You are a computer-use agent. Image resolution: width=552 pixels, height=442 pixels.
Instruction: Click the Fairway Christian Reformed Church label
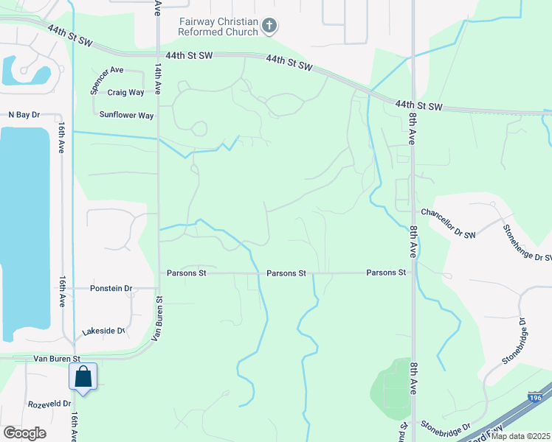point(219,27)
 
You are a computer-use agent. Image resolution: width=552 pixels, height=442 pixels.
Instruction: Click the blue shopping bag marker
point(83,377)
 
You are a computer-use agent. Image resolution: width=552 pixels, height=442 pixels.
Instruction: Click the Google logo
point(24,432)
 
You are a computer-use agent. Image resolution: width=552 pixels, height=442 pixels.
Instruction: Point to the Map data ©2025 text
point(520,436)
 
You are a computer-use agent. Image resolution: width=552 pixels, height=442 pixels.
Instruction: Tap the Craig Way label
point(125,92)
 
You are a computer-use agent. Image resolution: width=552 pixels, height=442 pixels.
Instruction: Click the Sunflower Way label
point(126,115)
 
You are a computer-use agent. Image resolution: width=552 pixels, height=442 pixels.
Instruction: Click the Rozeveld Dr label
point(49,404)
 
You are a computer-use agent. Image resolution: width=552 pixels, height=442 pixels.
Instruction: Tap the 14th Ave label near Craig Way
point(158,78)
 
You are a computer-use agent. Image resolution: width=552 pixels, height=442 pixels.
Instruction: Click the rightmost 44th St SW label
point(418,106)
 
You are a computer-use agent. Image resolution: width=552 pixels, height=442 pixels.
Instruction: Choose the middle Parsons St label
point(286,273)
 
